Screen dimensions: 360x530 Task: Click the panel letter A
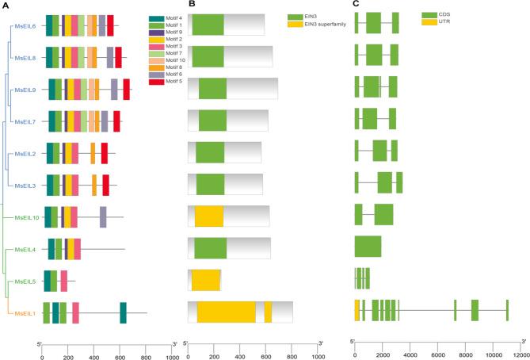6,5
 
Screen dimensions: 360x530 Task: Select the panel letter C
356,5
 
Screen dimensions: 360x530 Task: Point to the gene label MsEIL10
24,216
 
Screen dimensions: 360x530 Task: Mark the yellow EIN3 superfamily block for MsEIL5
205,280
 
